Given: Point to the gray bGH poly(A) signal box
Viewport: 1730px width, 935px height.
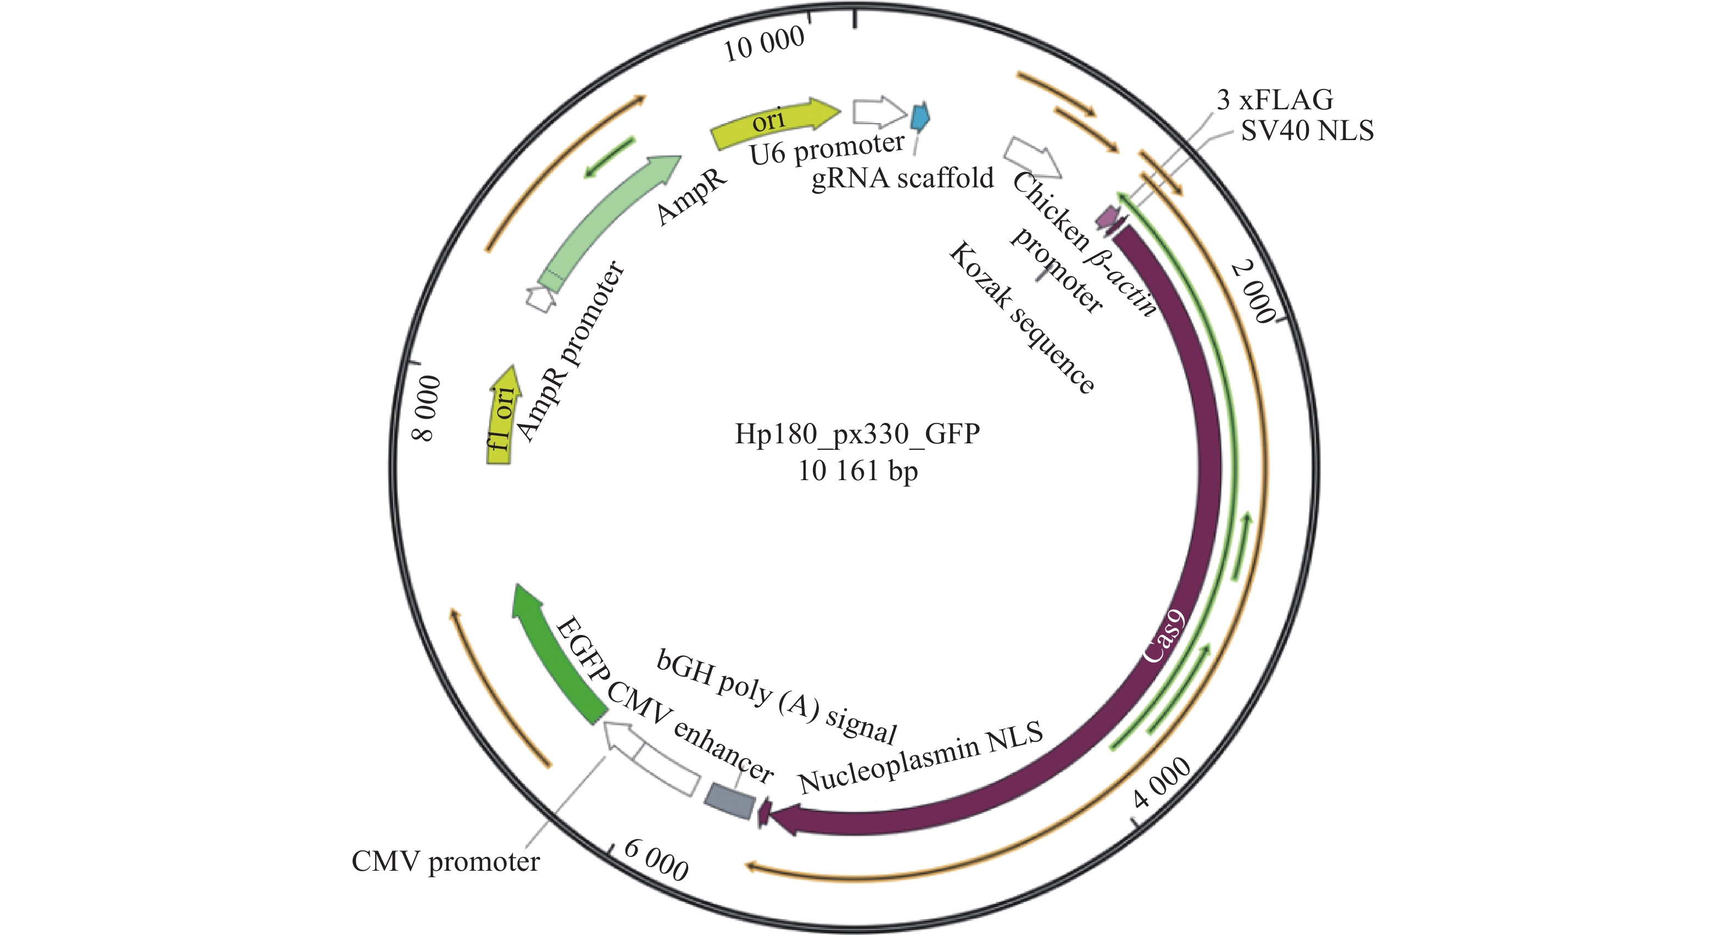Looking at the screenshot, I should click(729, 802).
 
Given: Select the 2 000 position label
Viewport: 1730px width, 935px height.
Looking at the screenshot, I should click(1254, 293).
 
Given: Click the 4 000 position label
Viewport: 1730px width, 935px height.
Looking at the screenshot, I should click(1162, 782).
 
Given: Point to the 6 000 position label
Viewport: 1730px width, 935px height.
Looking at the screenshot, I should click(656, 859).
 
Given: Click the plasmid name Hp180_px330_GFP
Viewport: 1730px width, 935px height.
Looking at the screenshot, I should click(858, 434).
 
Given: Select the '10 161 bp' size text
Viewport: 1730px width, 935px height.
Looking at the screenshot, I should click(858, 471).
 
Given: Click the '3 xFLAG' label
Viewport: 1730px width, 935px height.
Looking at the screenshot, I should click(1275, 100).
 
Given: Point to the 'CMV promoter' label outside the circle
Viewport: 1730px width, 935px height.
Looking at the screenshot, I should click(445, 862).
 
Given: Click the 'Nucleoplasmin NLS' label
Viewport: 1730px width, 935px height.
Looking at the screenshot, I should click(920, 757).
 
